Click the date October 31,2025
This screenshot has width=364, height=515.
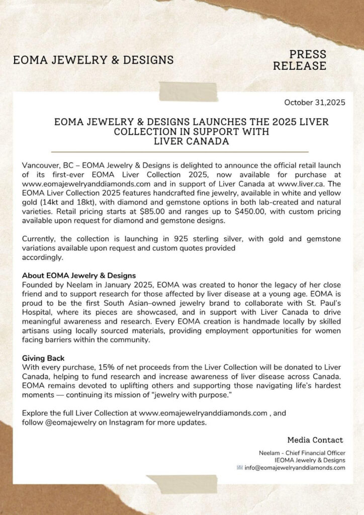click(x=314, y=103)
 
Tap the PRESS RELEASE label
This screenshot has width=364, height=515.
click(x=308, y=60)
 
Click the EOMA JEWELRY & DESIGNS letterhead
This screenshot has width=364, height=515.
click(x=93, y=60)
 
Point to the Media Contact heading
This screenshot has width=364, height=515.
click(x=315, y=440)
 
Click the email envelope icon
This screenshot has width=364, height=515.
click(x=240, y=468)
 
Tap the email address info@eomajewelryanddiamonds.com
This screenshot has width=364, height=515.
click(x=295, y=468)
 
